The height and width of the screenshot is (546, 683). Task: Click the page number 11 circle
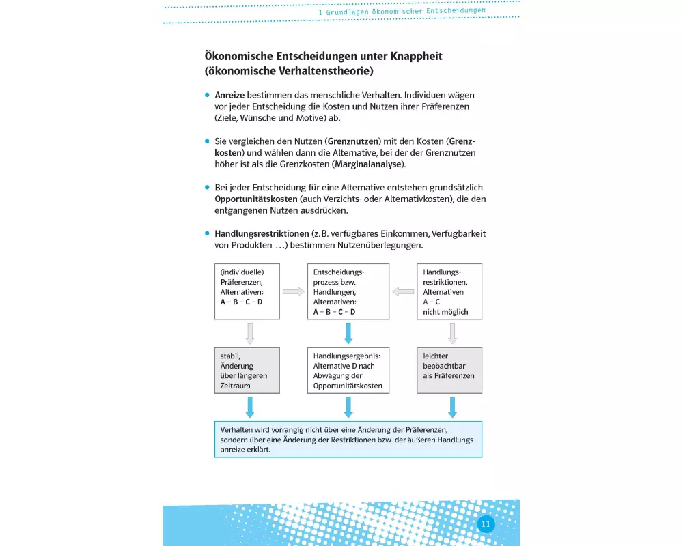pyautogui.click(x=486, y=524)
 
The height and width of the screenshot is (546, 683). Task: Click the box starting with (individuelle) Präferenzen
pyautogui.click(x=247, y=291)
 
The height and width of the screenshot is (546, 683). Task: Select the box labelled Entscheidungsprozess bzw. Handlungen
pyautogui.click(x=348, y=291)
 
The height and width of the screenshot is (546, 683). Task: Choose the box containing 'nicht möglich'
pyautogui.click(x=449, y=291)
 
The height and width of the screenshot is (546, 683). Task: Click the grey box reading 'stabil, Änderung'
pyautogui.click(x=247, y=371)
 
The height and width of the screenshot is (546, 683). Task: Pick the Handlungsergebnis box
pyautogui.click(x=348, y=371)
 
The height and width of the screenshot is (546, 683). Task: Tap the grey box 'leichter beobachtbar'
pyautogui.click(x=449, y=371)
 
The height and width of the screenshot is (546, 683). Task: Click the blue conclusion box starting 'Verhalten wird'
pyautogui.click(x=348, y=440)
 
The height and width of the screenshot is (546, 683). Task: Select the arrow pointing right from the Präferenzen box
pyautogui.click(x=294, y=291)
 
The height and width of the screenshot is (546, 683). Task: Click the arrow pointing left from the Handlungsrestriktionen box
pyautogui.click(x=403, y=291)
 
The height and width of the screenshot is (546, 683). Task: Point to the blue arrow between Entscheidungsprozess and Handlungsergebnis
pyautogui.click(x=348, y=333)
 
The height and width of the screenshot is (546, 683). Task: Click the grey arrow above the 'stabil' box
pyautogui.click(x=249, y=333)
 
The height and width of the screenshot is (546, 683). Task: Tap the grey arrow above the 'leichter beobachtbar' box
pyautogui.click(x=452, y=333)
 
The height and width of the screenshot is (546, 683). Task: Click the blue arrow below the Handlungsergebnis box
pyautogui.click(x=348, y=407)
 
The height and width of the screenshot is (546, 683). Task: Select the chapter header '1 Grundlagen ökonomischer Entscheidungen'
pyautogui.click(x=402, y=11)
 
